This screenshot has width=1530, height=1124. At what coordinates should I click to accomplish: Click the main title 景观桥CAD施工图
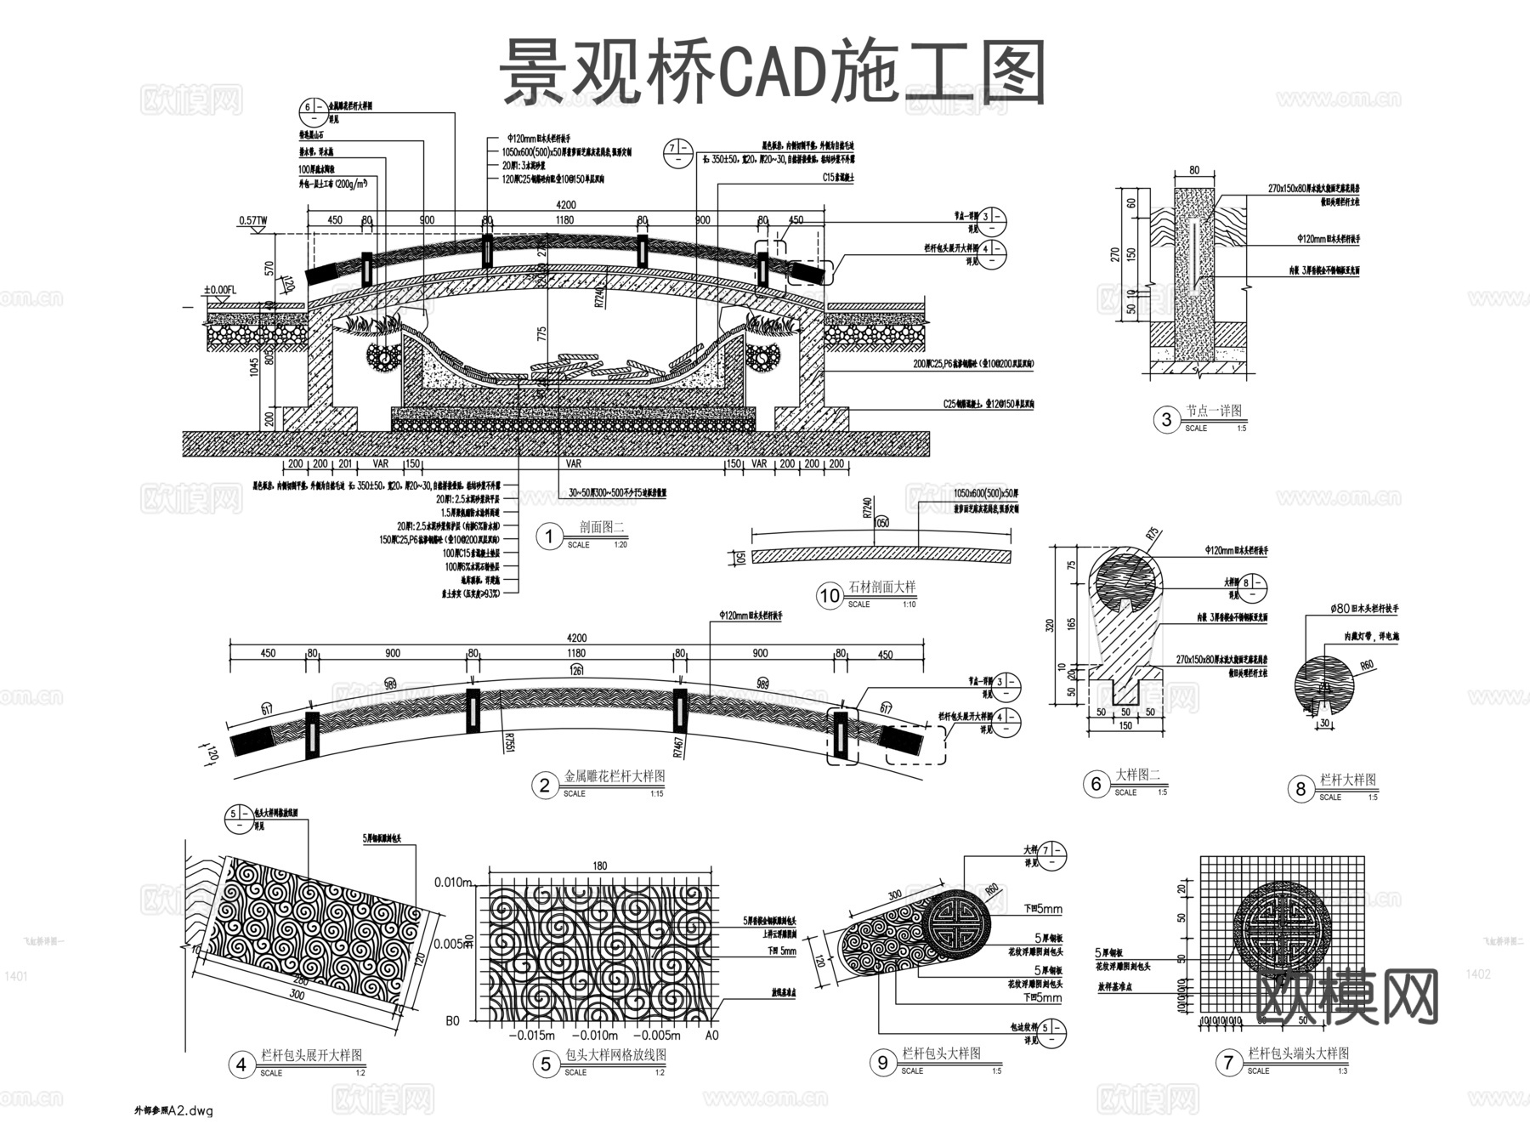click(771, 74)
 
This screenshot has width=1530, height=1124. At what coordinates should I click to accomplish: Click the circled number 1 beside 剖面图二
click(549, 536)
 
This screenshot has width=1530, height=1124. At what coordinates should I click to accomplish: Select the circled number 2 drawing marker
click(545, 785)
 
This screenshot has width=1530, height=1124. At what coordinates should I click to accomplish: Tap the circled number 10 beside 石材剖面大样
click(830, 596)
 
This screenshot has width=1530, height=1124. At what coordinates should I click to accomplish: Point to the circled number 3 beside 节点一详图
click(1166, 419)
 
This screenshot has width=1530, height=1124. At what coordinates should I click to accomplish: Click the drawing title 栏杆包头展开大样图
click(311, 1055)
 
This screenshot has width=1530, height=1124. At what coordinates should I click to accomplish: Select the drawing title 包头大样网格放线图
click(615, 1055)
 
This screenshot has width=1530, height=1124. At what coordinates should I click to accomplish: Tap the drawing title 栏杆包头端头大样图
click(1298, 1053)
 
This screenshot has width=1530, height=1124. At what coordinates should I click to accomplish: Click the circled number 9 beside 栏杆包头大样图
click(883, 1062)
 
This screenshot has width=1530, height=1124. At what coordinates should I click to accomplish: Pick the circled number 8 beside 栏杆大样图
click(1300, 789)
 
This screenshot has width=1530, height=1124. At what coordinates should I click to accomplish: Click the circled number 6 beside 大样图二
click(1096, 783)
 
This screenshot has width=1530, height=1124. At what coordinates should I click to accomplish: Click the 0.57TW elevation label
click(252, 221)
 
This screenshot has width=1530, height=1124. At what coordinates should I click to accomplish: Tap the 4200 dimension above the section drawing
click(565, 205)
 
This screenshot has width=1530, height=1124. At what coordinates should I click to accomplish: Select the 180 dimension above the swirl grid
click(600, 866)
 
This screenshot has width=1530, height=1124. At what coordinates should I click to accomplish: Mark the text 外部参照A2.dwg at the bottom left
click(173, 1110)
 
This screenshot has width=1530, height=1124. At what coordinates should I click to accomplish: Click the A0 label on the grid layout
click(712, 1035)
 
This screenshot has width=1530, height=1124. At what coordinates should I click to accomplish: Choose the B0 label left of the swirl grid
click(452, 1020)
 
